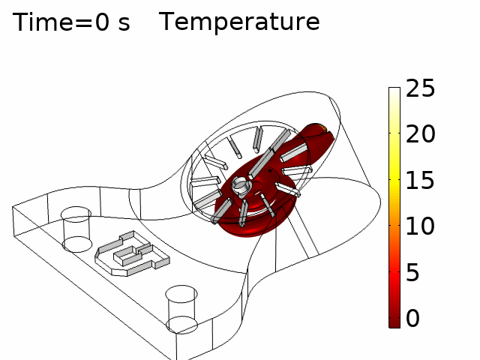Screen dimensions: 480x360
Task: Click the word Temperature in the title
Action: (239, 22)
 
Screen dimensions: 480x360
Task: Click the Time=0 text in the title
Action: (61, 22)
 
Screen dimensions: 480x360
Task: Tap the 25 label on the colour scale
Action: (420, 88)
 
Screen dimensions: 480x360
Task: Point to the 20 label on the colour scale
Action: (420, 133)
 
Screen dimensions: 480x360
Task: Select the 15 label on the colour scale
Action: (420, 180)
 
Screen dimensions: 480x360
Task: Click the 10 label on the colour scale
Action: (420, 226)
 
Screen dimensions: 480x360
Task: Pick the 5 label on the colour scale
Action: (412, 271)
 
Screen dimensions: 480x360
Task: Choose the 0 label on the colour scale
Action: (412, 318)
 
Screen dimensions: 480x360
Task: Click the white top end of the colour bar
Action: (394, 91)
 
